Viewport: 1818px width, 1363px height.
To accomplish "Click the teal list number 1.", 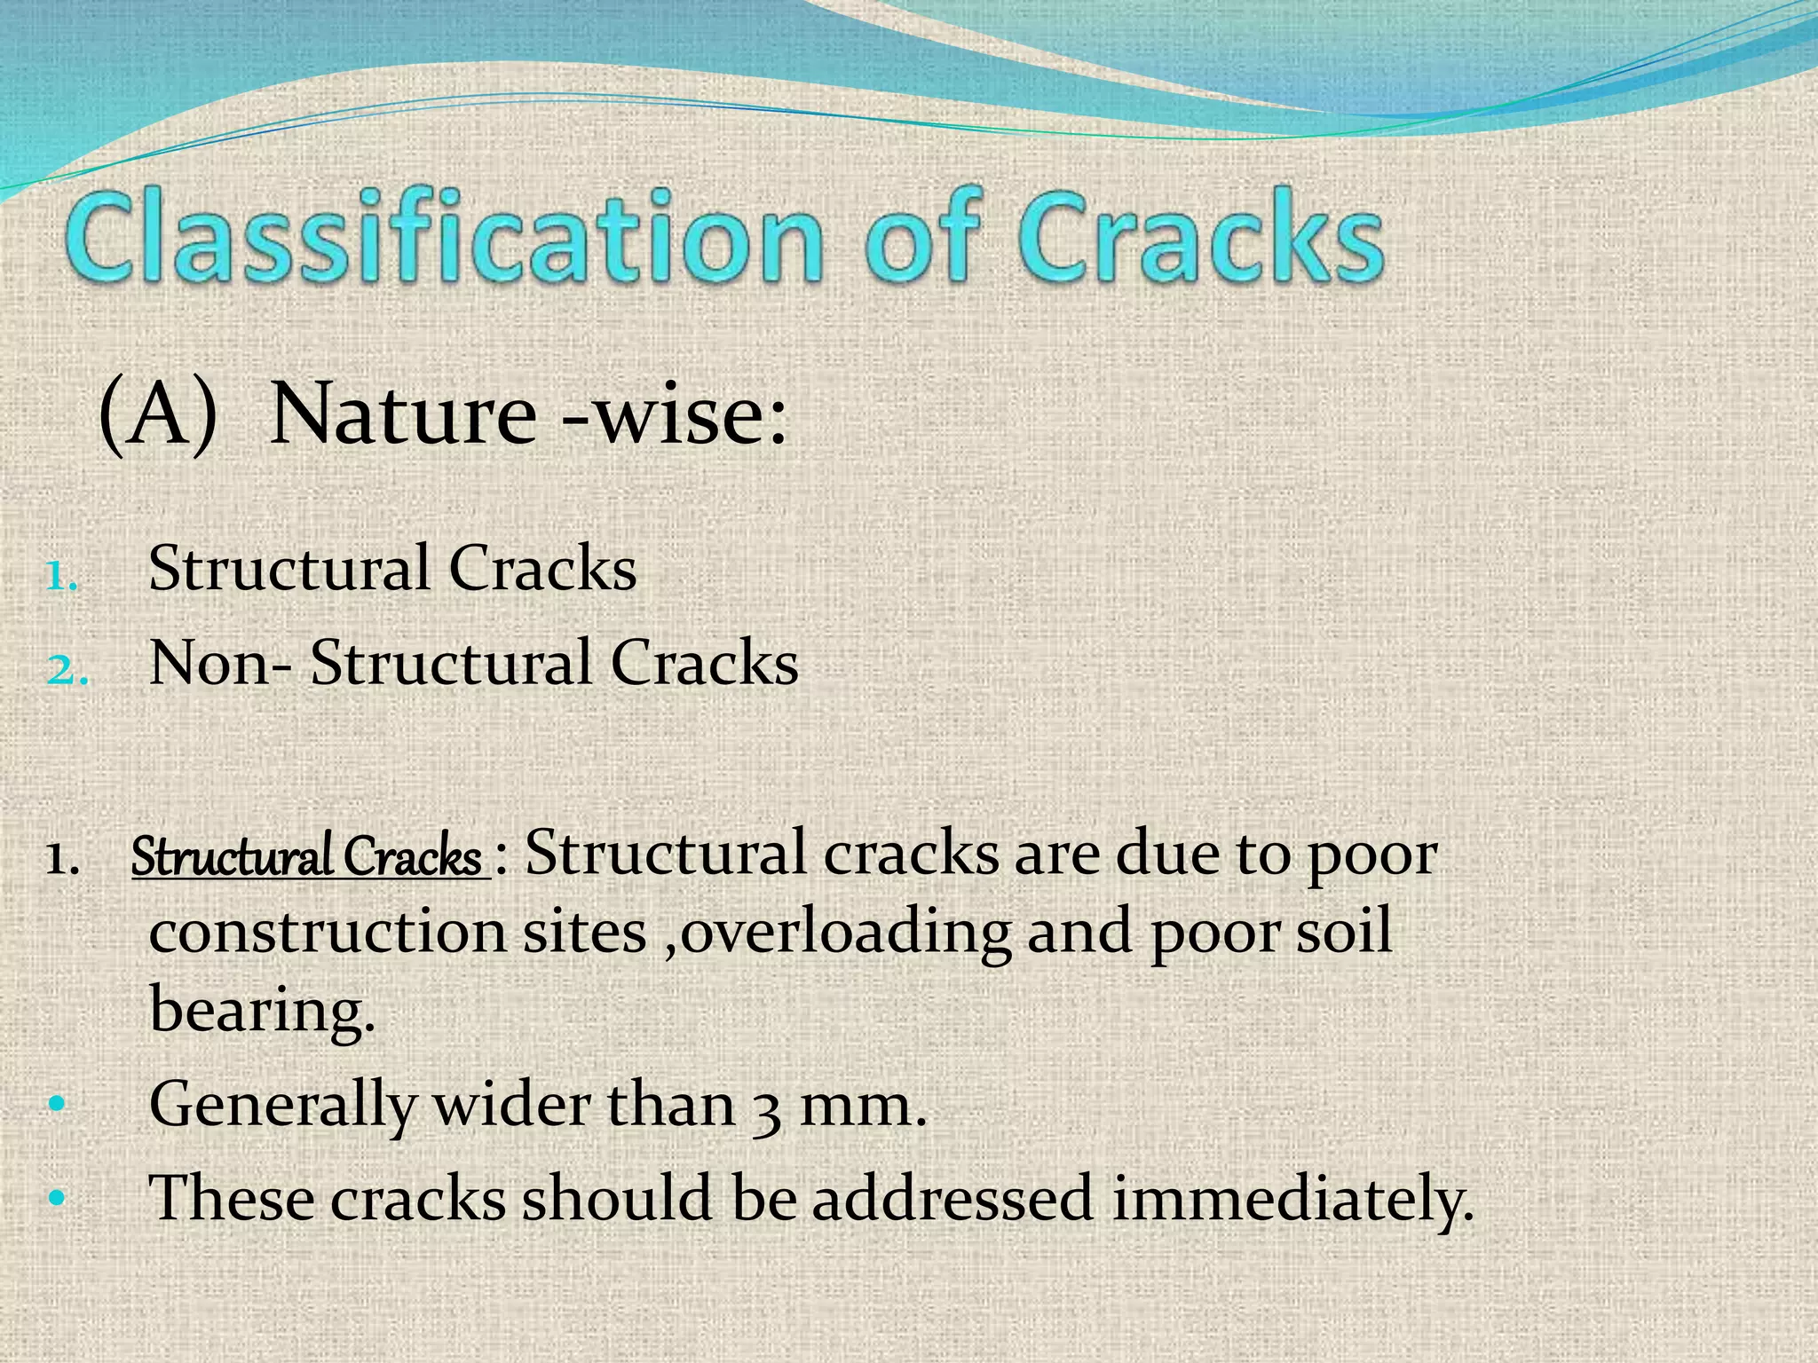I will tap(61, 579).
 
